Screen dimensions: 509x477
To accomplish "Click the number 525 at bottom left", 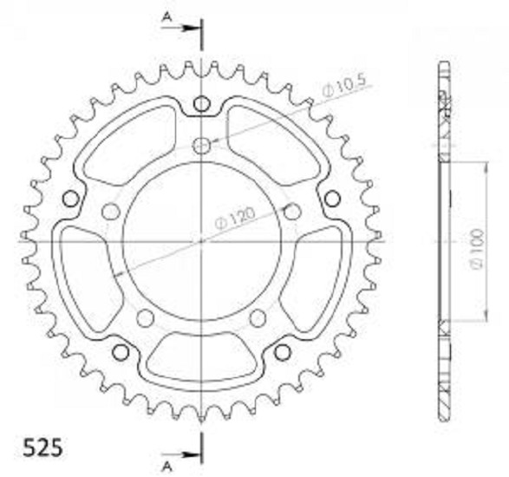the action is click(x=42, y=448).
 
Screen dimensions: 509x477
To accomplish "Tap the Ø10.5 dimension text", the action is click(x=344, y=85).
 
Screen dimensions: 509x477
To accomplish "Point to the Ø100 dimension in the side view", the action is click(x=478, y=249).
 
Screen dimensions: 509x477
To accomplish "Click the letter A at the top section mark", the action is click(x=166, y=16).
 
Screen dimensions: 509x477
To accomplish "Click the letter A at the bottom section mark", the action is click(x=166, y=467).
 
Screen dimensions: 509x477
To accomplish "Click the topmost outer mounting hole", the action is click(x=201, y=104).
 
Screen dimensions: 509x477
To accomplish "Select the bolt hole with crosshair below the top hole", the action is click(x=202, y=146).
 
